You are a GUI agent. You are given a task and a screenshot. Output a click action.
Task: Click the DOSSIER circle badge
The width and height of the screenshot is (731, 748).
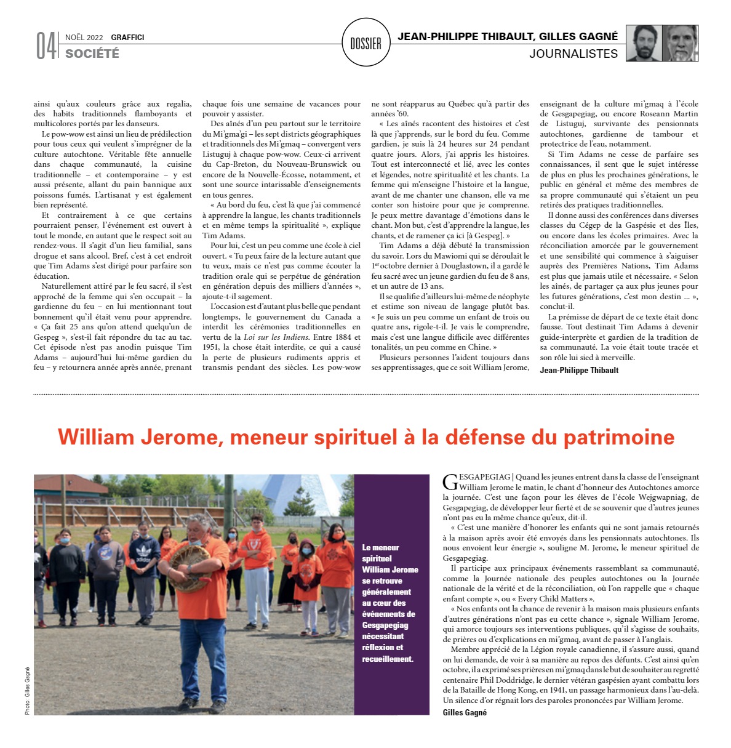[365, 43]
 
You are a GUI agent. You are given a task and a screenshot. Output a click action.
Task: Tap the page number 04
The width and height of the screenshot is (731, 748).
[46, 46]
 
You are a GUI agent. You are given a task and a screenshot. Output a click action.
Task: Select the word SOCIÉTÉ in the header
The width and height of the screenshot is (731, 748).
[92, 54]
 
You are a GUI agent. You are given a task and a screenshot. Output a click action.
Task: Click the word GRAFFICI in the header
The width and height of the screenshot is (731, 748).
[127, 38]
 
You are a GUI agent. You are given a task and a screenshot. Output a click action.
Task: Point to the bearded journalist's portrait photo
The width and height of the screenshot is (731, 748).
[644, 43]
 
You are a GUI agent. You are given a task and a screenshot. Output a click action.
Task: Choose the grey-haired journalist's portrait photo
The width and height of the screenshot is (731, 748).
[681, 43]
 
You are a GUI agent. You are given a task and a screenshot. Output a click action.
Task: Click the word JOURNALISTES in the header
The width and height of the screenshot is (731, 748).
[573, 54]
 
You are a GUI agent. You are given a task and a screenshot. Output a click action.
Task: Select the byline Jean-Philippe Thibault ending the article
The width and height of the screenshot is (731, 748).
[579, 370]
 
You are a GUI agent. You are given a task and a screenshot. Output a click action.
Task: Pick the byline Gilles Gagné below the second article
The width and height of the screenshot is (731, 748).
[465, 712]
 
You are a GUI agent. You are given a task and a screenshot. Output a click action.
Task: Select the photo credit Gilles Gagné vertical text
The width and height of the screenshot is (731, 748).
[28, 691]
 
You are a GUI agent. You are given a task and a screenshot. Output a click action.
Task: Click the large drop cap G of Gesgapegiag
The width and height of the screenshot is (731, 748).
[450, 482]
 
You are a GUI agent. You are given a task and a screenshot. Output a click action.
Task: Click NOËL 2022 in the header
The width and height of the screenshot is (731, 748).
[84, 38]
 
